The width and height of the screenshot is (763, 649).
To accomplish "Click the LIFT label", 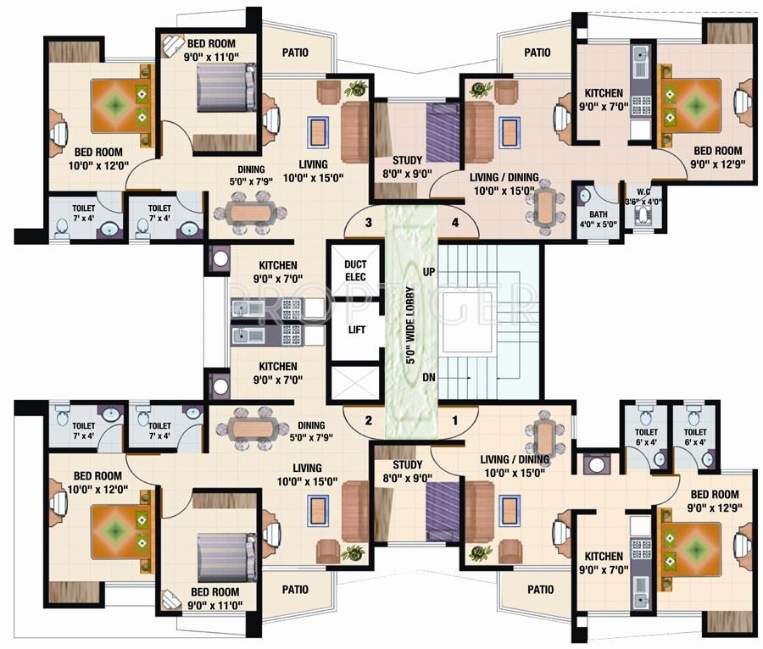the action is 356,330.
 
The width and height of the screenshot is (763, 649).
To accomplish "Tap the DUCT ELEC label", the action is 355,271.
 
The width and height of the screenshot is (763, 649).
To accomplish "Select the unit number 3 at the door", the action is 369,223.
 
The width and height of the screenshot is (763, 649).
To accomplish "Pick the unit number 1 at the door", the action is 455,420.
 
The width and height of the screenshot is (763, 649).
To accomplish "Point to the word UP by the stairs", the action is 429,272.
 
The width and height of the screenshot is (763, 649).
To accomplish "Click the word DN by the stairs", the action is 429,377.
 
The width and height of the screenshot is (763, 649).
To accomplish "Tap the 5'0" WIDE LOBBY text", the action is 410,325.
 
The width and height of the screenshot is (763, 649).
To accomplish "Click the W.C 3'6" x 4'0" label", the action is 643,197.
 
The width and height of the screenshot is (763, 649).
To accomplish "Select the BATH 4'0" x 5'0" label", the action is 598,219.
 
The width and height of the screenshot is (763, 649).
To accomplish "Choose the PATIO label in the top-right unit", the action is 537,53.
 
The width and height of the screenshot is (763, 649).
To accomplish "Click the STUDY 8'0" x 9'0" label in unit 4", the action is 407,167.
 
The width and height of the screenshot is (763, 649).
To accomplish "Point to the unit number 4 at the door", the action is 455,223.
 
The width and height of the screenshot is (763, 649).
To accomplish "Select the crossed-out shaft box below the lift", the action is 355,382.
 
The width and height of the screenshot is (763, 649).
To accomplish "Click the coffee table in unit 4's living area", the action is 509,133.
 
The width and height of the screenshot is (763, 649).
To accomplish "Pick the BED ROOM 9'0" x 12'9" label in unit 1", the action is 715,502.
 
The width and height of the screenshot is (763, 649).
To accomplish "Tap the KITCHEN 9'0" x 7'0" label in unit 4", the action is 604,100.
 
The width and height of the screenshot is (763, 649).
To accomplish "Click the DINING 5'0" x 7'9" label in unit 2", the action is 311,431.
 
